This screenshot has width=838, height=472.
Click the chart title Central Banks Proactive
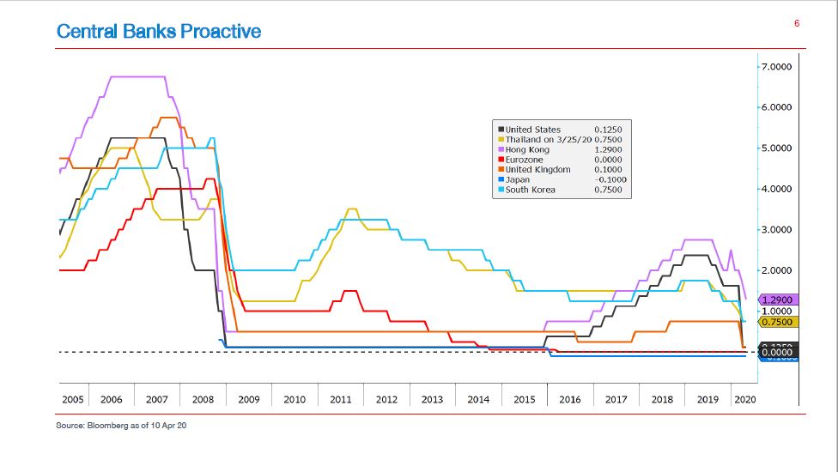pyautogui.click(x=159, y=32)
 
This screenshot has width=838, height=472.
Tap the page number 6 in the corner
pyautogui.click(x=797, y=23)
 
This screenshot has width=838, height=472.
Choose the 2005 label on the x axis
pyautogui.click(x=73, y=400)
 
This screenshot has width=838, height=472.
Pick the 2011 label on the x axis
pyautogui.click(x=340, y=400)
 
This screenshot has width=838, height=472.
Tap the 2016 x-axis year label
pyautogui.click(x=569, y=400)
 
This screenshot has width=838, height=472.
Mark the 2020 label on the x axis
pyautogui.click(x=745, y=400)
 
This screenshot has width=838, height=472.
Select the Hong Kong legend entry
pyautogui.click(x=527, y=149)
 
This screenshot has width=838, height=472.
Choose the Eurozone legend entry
pyautogui.click(x=525, y=160)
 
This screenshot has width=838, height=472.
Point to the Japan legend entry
pyautogui.click(x=519, y=179)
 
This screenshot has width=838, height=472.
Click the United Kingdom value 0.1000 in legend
pyautogui.click(x=608, y=169)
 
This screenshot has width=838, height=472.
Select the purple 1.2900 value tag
pyautogui.click(x=779, y=300)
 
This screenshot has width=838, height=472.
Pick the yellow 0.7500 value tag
pyautogui.click(x=779, y=322)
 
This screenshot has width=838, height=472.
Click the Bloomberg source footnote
pyautogui.click(x=121, y=425)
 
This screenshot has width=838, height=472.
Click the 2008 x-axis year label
pyautogui.click(x=203, y=400)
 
